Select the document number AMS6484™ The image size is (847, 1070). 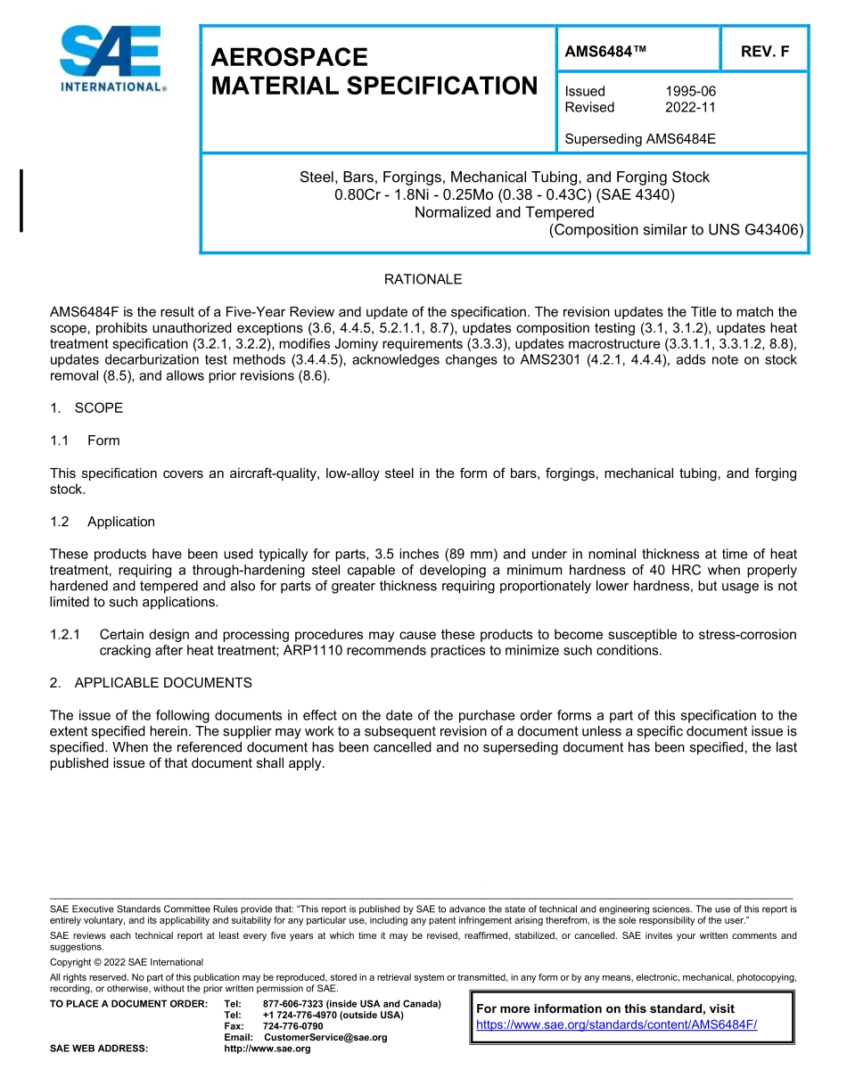coord(605,52)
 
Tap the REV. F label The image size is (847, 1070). coord(765,52)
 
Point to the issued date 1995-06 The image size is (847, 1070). coord(690,91)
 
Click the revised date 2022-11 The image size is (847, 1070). coord(690,107)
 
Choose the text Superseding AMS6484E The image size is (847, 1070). coord(640,139)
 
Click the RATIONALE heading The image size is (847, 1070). coord(423,279)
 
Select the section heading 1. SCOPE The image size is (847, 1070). coord(86,407)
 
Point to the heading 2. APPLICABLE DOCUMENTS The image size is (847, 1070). coord(151,682)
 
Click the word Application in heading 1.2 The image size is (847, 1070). coord(121,522)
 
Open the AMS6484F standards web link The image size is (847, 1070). coord(617,1025)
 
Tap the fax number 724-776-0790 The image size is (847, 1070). coord(293,1026)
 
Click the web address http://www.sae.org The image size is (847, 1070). coord(267,1049)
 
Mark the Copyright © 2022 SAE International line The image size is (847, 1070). coord(127,962)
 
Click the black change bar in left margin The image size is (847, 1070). coord(21,201)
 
